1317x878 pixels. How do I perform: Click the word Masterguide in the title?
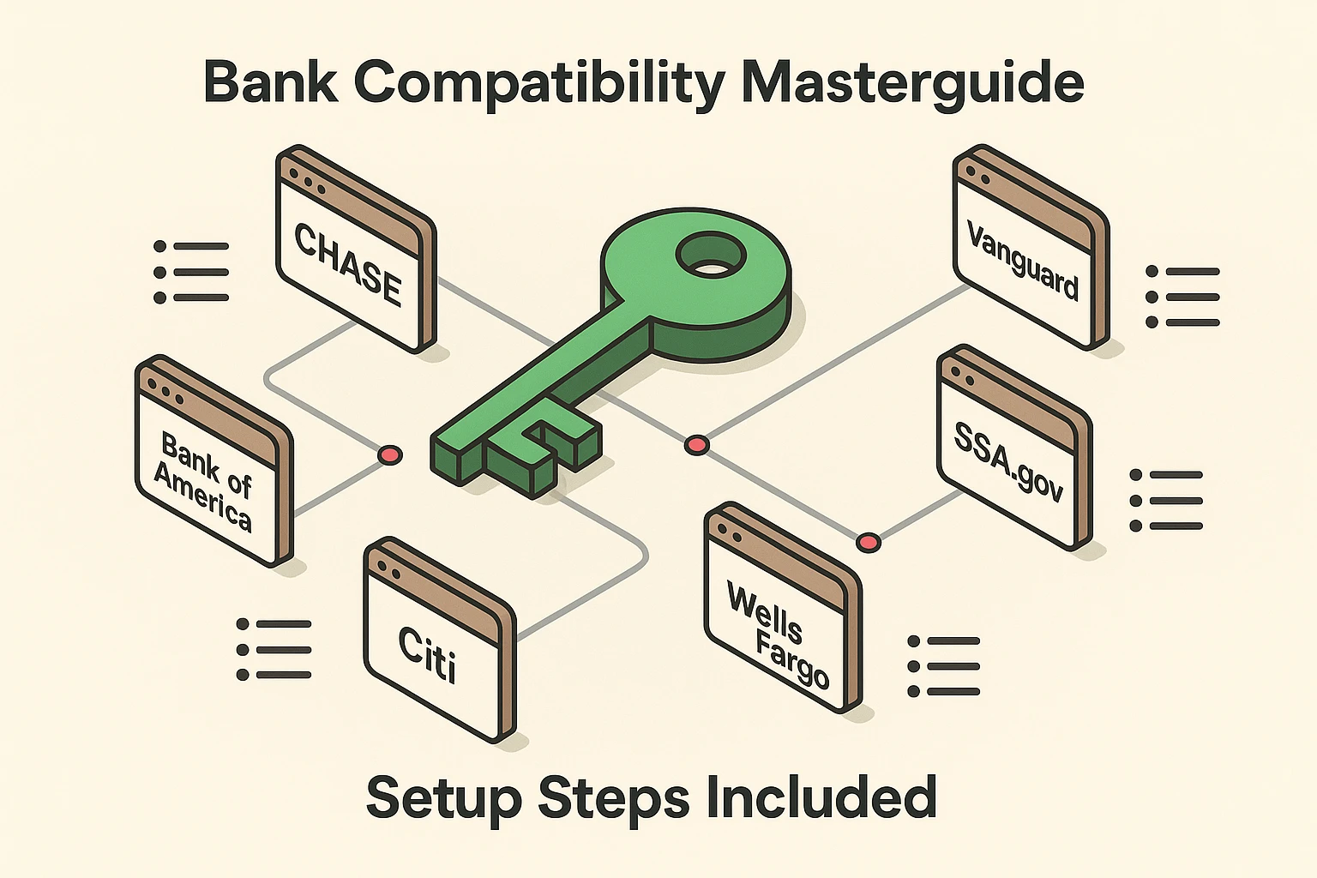point(911,83)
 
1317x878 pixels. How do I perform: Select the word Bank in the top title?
point(270,83)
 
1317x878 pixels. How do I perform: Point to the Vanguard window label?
point(1022,260)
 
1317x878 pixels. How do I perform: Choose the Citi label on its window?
point(427,653)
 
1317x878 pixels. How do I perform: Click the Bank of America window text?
point(204,481)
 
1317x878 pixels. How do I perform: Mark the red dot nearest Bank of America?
point(390,455)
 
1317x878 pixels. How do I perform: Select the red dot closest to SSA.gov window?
point(869,542)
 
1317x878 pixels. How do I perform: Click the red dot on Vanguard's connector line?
point(696,445)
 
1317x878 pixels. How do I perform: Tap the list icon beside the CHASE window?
point(191,272)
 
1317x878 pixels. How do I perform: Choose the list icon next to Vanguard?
point(1182,297)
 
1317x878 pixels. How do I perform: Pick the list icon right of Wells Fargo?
point(943,666)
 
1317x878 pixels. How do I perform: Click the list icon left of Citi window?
point(274,650)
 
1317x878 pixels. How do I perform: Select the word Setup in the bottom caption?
point(443,797)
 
